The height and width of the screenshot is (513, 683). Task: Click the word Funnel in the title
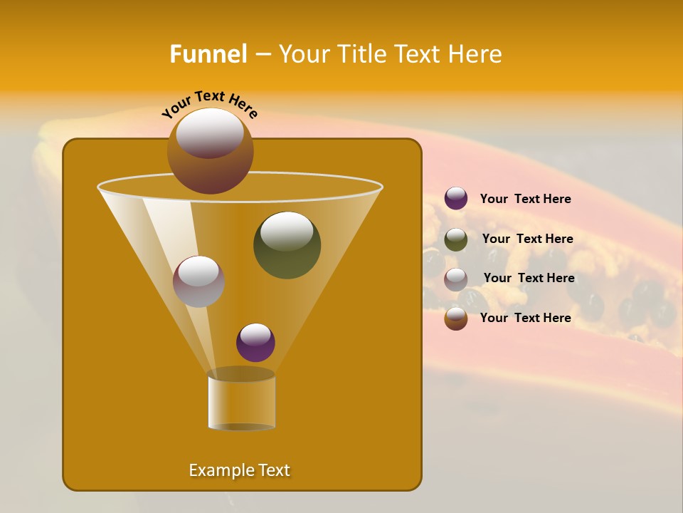[x=208, y=54]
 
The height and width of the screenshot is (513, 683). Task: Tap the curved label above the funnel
[x=209, y=103]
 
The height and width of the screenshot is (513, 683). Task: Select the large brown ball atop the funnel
[x=210, y=150]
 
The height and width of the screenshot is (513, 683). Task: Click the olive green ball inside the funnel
[x=287, y=244]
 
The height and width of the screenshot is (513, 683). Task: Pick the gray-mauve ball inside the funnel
[x=198, y=281]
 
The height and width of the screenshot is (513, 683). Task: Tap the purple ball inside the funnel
[x=255, y=342]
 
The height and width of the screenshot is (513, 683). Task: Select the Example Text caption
[x=240, y=470]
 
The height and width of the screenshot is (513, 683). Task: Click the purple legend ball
[x=456, y=199]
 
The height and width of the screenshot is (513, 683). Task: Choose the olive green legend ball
[x=456, y=239]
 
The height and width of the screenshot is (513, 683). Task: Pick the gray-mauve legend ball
[x=456, y=279]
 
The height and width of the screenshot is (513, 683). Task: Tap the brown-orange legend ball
[x=456, y=318]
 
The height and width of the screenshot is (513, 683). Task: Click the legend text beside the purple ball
[x=525, y=199]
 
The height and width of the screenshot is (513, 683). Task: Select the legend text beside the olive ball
[x=527, y=239]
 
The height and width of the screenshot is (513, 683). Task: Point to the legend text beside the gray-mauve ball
[x=529, y=278]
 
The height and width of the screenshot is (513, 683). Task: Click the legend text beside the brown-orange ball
[x=525, y=318]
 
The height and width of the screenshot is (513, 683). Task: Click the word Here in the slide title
[x=476, y=54]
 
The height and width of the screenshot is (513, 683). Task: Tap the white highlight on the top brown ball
[x=209, y=133]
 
